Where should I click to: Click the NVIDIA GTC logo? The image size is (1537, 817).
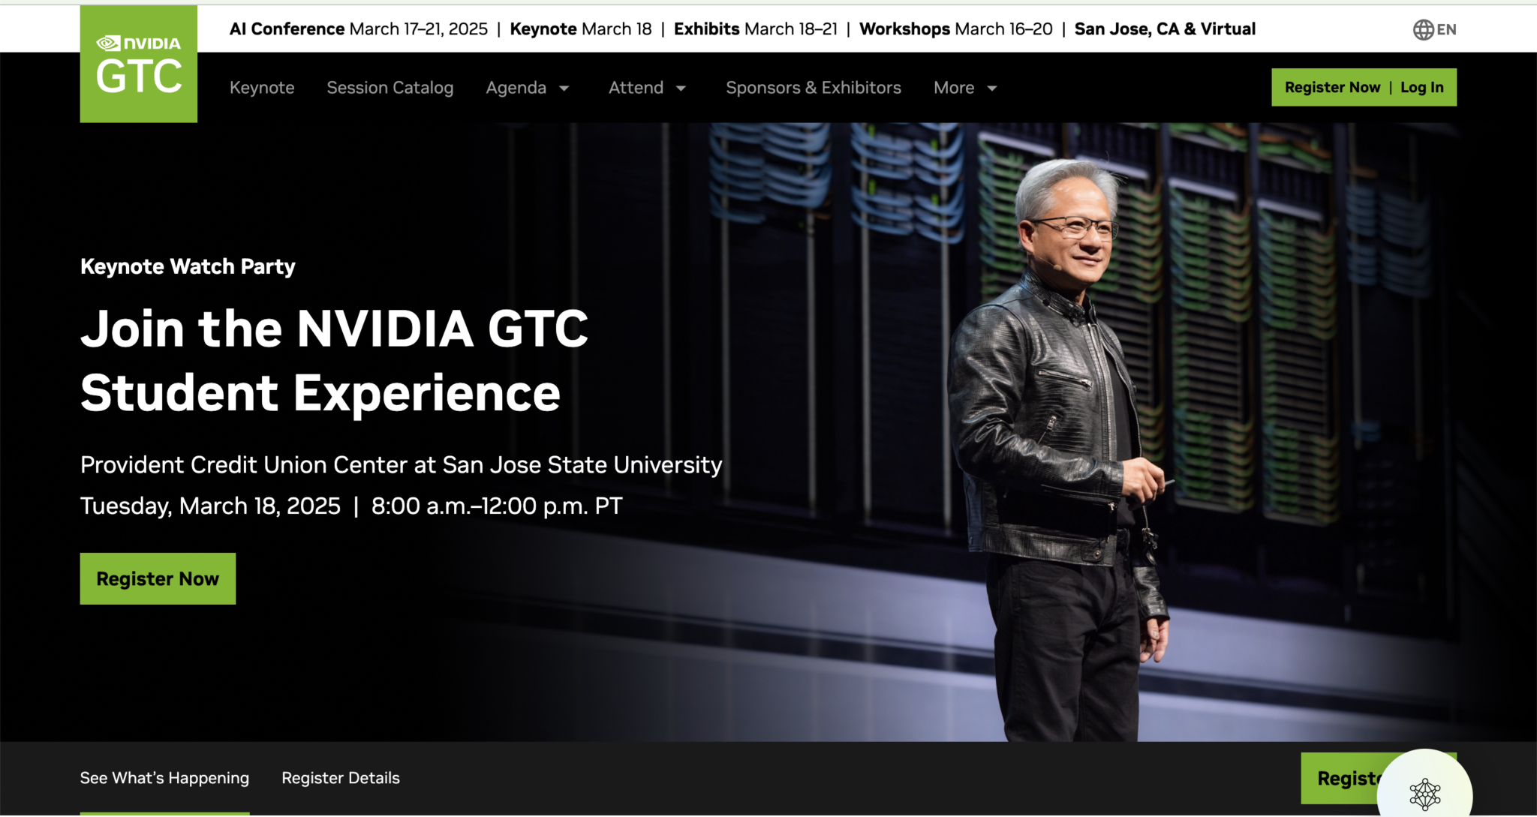(139, 64)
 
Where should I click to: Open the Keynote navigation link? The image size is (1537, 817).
(262, 88)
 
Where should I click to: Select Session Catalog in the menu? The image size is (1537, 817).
(390, 88)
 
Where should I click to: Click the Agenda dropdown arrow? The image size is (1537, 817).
(564, 89)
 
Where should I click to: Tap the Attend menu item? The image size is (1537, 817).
(636, 88)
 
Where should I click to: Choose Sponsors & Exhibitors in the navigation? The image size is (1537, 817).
(814, 88)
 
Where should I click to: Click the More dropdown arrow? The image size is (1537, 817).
(992, 89)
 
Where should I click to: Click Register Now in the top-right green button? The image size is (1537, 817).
(1332, 87)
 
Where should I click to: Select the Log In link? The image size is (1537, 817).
(1422, 87)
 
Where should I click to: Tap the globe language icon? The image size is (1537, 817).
(1423, 29)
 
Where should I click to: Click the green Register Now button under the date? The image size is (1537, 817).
(158, 578)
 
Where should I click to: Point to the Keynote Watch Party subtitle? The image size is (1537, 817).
(188, 266)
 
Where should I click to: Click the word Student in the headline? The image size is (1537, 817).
(179, 393)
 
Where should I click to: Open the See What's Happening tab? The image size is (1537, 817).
(164, 778)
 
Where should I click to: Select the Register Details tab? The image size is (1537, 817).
(341, 778)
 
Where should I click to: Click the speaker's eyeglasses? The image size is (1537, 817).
(1075, 227)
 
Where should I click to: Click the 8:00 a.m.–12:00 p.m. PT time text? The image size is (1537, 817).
(497, 506)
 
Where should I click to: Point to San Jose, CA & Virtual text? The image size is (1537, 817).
(1165, 29)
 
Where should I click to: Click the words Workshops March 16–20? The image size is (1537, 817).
(956, 29)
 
